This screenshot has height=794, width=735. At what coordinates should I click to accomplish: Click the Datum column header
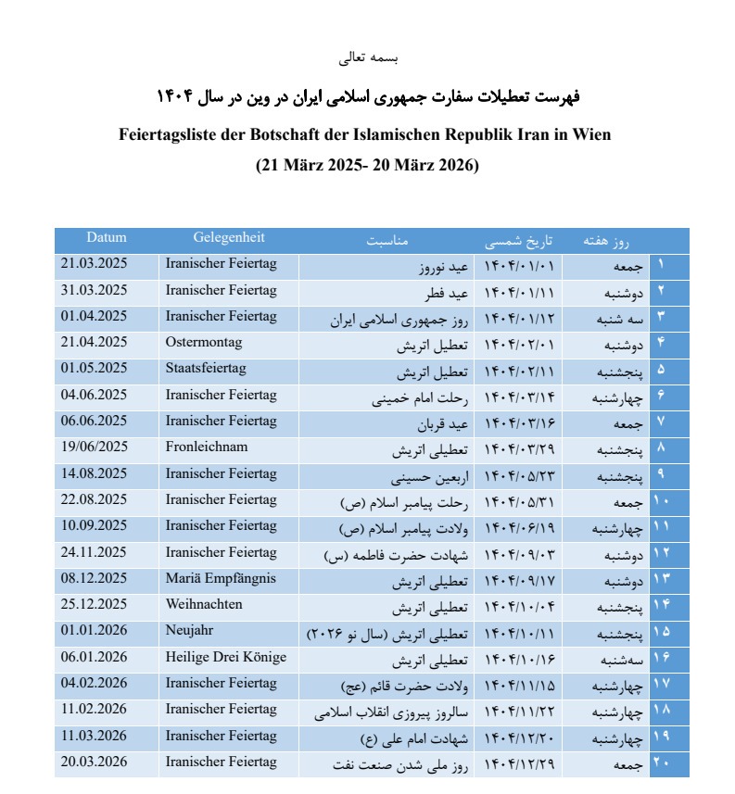(x=107, y=238)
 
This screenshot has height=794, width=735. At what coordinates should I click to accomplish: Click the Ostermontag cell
(x=203, y=343)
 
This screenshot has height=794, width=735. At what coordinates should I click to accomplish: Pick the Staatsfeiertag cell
(x=205, y=369)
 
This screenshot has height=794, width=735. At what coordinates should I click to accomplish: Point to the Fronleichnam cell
(x=206, y=447)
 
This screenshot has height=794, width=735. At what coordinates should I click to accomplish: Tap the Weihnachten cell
(x=204, y=605)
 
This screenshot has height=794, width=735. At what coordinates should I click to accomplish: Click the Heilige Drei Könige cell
(x=225, y=657)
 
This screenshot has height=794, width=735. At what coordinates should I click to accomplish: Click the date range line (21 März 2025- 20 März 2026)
(x=367, y=167)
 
